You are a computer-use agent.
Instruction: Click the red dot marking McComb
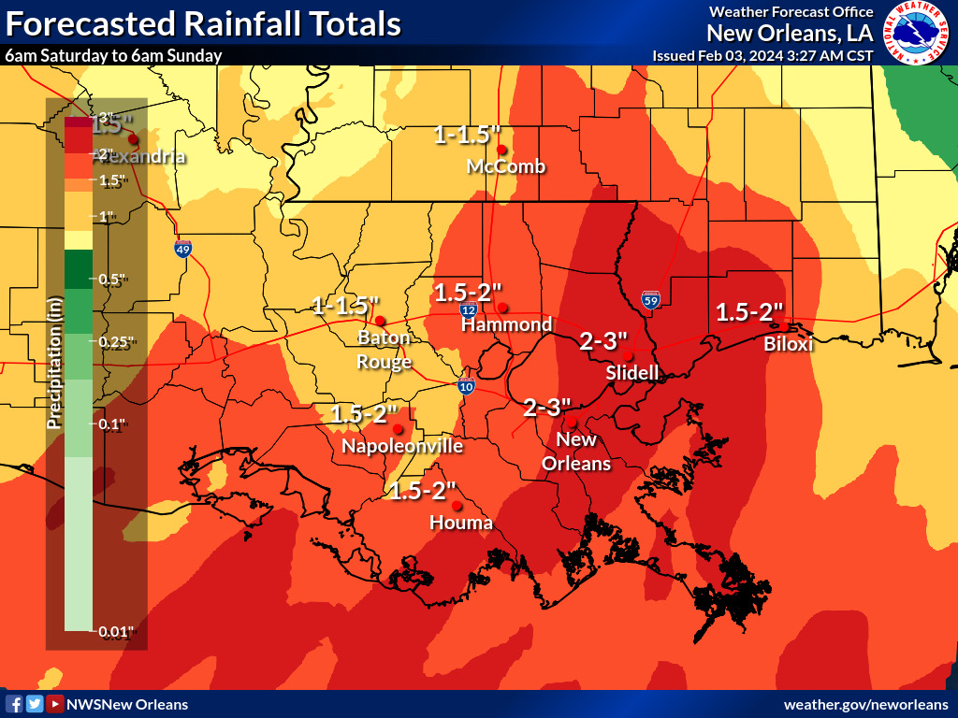pyautogui.click(x=501, y=150)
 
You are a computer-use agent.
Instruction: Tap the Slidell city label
pyautogui.click(x=631, y=373)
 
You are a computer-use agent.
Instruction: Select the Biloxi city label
pyautogui.click(x=788, y=344)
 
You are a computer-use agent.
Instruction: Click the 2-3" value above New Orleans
pyautogui.click(x=547, y=408)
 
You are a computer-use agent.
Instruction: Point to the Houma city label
pyautogui.click(x=460, y=523)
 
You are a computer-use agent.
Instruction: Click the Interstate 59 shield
pyautogui.click(x=651, y=300)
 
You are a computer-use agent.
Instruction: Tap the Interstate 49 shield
pyautogui.click(x=183, y=249)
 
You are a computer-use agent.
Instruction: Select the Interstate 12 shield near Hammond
pyautogui.click(x=469, y=309)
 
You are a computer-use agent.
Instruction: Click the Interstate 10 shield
pyautogui.click(x=466, y=385)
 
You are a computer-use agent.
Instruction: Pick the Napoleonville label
pyautogui.click(x=402, y=447)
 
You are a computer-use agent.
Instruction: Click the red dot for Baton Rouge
pyautogui.click(x=380, y=321)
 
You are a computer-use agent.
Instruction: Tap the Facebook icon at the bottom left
pyautogui.click(x=14, y=704)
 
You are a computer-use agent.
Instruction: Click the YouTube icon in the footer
pyautogui.click(x=55, y=704)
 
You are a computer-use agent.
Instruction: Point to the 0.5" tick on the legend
pyautogui.click(x=112, y=280)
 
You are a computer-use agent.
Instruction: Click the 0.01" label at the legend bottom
pyautogui.click(x=116, y=632)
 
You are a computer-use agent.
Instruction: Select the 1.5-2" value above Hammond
pyautogui.click(x=469, y=292)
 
